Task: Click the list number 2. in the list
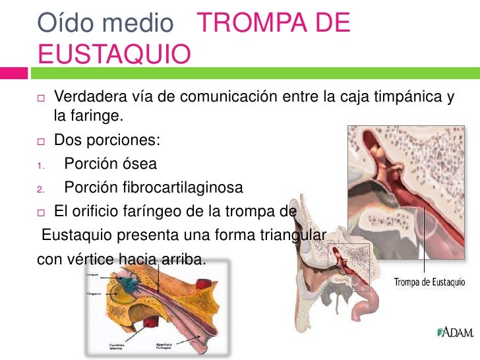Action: click(40, 190)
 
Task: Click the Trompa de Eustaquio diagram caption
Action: click(430, 282)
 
